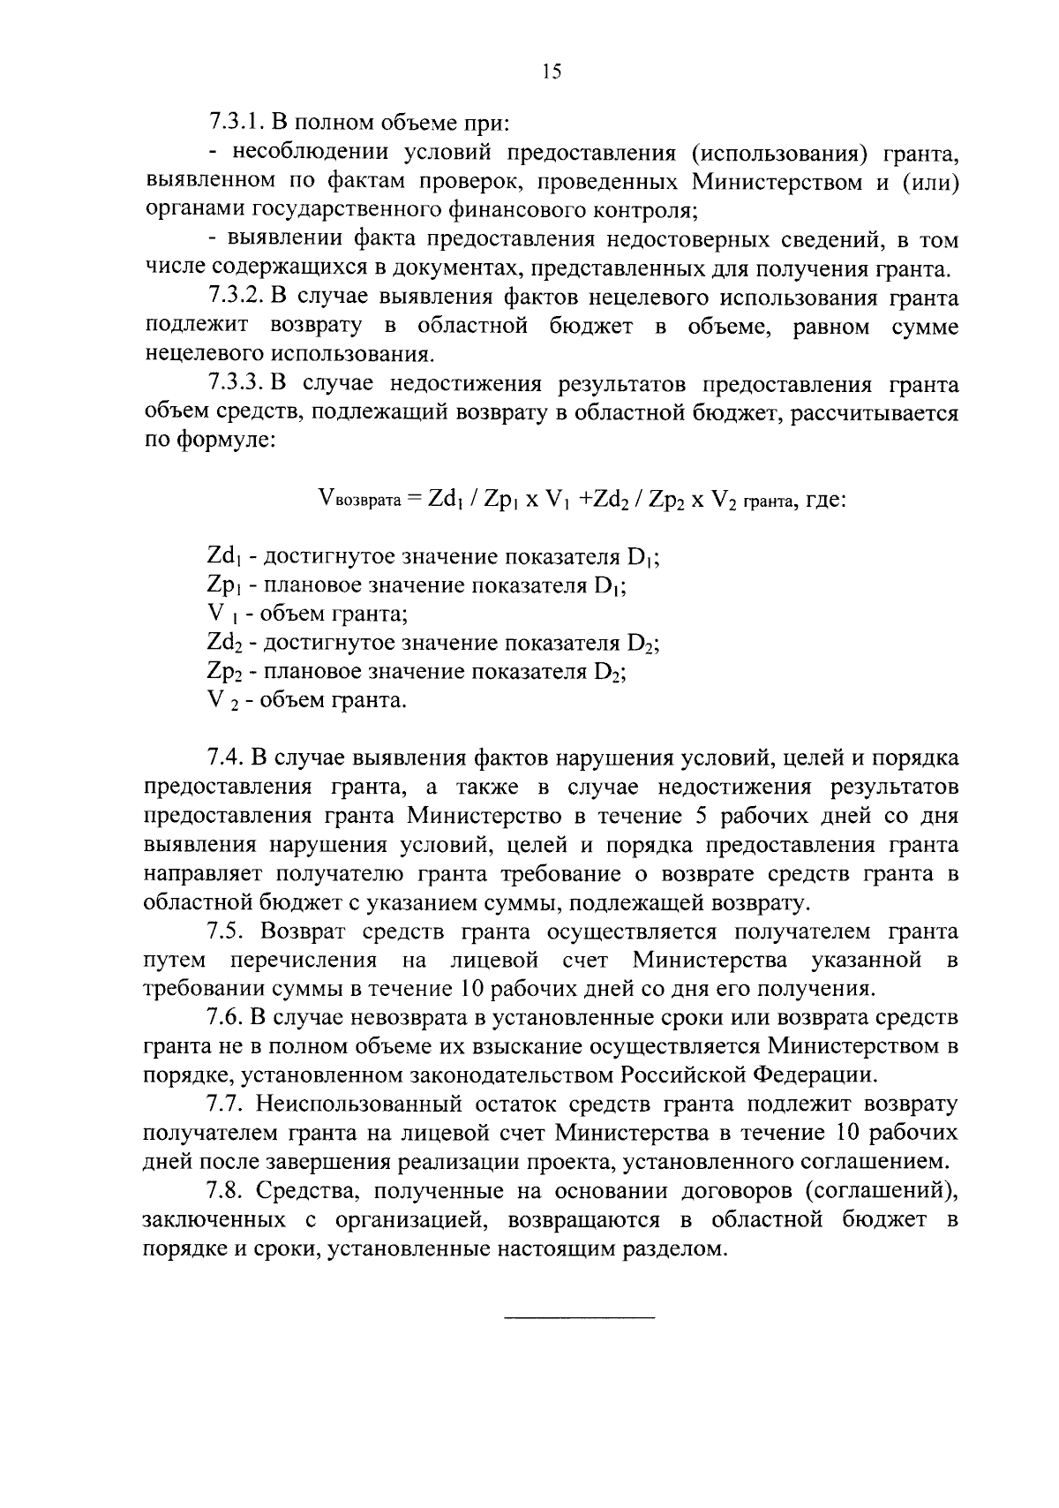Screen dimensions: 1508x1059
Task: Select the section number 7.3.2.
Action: (x=237, y=298)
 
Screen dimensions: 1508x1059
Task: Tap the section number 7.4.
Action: (x=225, y=758)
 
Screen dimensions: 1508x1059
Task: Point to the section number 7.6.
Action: (x=225, y=1018)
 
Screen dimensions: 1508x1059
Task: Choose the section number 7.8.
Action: (x=225, y=1191)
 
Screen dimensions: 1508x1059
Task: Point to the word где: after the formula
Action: (x=826, y=501)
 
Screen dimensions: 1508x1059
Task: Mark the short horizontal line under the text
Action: (x=579, y=1318)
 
